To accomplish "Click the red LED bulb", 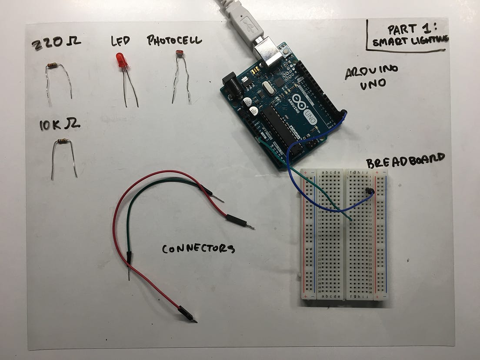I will (x=121, y=60).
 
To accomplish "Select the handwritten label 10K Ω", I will (x=59, y=125).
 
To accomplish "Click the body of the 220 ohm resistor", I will (x=52, y=66).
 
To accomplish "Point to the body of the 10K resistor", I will (x=62, y=141).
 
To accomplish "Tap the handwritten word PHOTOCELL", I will (x=174, y=41).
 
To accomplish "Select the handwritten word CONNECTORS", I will (x=198, y=249).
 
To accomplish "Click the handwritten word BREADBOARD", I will (x=405, y=160).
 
